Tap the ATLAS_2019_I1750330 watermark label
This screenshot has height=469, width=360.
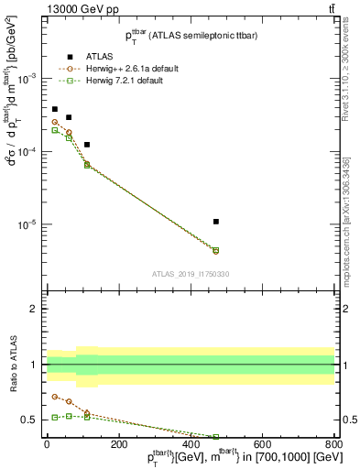[191, 274]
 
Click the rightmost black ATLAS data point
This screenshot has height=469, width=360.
[215, 222]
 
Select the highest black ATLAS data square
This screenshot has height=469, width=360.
[55, 109]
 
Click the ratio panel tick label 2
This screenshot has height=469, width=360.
[33, 310]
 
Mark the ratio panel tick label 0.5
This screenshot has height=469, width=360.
[28, 420]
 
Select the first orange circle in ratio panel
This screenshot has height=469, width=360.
[55, 398]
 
